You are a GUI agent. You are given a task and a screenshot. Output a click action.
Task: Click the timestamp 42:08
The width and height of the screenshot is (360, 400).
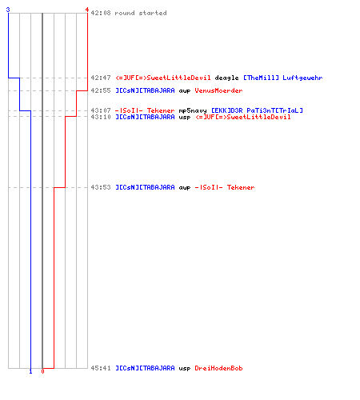[101, 13]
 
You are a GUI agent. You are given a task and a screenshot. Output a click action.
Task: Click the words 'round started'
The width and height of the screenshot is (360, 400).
[141, 13]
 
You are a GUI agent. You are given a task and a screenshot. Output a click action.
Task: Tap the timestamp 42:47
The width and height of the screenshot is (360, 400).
[101, 78]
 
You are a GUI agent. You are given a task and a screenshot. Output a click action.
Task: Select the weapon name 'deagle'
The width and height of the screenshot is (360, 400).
[226, 78]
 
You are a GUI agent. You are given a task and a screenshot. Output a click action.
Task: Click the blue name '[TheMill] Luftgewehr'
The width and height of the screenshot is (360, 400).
[283, 78]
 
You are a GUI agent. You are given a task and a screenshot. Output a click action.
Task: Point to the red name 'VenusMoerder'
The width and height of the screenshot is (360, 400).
[218, 90]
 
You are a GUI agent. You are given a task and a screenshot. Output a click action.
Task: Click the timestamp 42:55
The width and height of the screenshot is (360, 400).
[101, 90]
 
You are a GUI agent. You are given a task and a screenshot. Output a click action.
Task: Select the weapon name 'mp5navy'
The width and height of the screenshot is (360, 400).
[193, 110]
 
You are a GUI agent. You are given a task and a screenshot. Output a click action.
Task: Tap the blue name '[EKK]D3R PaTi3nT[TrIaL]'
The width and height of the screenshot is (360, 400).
[257, 110]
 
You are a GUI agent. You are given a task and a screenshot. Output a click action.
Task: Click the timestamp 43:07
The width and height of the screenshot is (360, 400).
[101, 110]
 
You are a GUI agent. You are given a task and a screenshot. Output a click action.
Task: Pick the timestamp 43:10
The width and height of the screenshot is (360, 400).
[101, 117]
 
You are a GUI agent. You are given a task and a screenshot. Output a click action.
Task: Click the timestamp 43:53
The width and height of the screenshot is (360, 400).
[101, 187]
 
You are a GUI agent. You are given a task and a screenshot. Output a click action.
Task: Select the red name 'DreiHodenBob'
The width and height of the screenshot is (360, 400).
[218, 368]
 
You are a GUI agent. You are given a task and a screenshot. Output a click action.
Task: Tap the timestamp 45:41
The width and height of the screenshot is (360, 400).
[101, 368]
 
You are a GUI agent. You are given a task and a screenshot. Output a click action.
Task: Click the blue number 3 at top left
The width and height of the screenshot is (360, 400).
[8, 10]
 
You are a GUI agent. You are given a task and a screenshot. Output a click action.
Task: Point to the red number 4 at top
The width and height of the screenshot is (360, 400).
[87, 10]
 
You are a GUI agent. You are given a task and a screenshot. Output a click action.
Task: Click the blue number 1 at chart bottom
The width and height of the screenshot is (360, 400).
[30, 371]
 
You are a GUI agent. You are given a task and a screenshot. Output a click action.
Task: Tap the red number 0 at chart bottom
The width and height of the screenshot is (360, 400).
[42, 371]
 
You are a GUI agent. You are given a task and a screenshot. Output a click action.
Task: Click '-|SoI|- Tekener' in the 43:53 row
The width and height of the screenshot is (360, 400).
[225, 187]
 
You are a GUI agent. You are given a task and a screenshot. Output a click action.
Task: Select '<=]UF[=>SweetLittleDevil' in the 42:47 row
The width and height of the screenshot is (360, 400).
[163, 78]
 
